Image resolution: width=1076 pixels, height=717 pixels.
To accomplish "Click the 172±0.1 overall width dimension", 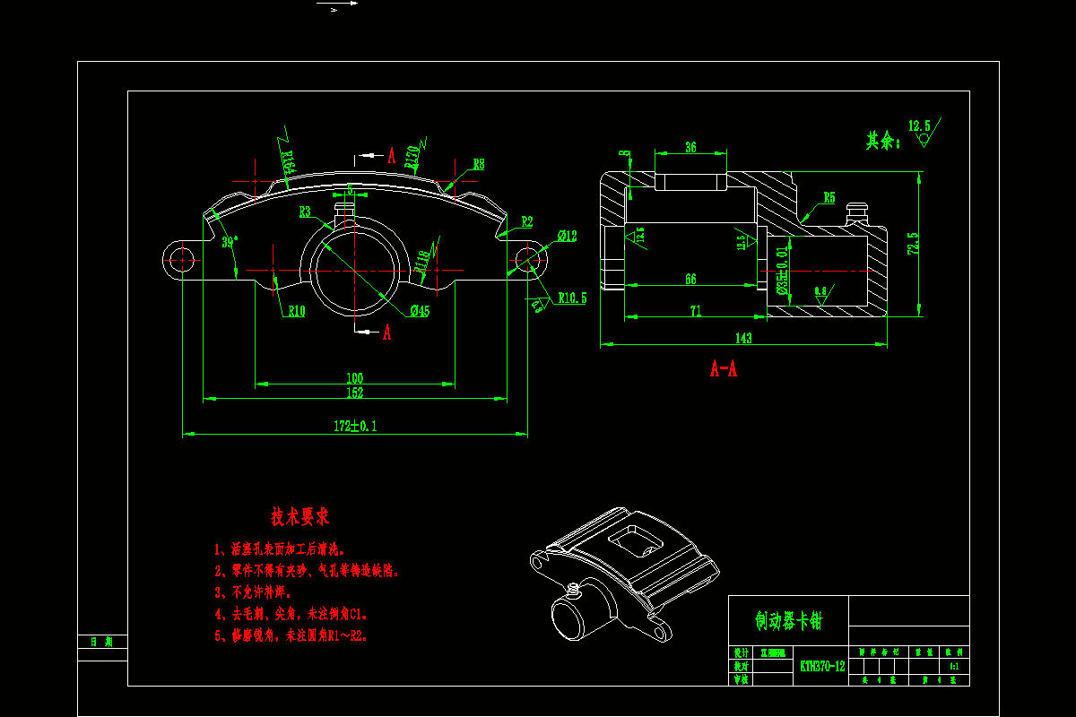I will (x=356, y=426).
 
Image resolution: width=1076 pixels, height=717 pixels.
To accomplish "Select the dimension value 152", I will (x=355, y=392).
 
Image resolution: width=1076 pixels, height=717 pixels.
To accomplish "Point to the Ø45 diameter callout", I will (x=420, y=310).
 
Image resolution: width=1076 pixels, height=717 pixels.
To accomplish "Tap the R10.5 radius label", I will (x=572, y=298).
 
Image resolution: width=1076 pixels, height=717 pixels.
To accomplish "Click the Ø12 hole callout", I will (x=567, y=236).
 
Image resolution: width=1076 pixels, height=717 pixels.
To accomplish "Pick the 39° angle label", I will (x=230, y=242).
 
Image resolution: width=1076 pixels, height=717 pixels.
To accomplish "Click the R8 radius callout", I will (x=479, y=164).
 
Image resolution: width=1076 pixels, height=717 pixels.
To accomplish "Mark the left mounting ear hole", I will (x=182, y=260).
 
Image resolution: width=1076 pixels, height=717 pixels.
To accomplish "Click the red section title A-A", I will (x=724, y=368).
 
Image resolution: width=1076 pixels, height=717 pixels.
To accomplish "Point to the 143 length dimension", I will (x=743, y=338).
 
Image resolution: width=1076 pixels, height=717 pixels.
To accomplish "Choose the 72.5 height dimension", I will (x=913, y=245).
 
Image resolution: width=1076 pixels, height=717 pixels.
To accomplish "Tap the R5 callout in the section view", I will (x=829, y=197).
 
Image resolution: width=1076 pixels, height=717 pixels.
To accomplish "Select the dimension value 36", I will (x=690, y=148).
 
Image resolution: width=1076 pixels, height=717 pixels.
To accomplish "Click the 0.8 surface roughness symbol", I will (x=820, y=292).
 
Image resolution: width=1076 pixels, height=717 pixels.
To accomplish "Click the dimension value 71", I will (x=695, y=310).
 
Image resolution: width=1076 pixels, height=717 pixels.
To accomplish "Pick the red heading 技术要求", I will (x=300, y=517).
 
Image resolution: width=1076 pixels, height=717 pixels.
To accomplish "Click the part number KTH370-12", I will (x=822, y=666).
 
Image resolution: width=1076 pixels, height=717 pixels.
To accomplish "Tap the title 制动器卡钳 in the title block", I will (x=788, y=620).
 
